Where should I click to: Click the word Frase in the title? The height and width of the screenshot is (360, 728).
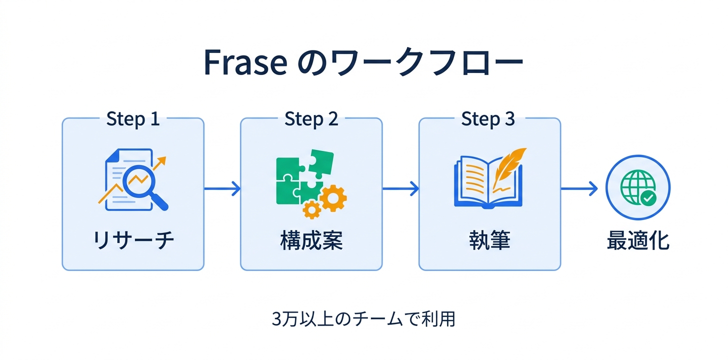tap(245, 62)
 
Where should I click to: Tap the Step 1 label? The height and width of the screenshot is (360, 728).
tap(133, 119)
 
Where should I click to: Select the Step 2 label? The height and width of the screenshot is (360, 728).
tap(311, 119)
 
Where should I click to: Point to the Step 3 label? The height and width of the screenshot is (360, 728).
tap(487, 119)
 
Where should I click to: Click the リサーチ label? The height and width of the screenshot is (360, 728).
tap(133, 241)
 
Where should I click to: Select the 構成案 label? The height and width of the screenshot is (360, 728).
tap(311, 241)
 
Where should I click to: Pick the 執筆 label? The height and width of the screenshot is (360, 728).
tap(489, 241)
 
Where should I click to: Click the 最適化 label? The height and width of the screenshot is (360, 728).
tap(637, 241)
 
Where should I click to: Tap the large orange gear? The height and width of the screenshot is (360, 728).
tap(333, 198)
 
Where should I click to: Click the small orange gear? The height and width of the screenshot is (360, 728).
tap(312, 209)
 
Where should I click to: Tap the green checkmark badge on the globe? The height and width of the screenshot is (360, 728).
tap(648, 198)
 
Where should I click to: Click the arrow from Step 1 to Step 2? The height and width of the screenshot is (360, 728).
tap(222, 188)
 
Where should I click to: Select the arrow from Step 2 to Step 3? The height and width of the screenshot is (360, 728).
tap(400, 188)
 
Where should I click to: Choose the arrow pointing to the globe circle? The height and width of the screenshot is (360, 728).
tap(578, 188)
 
